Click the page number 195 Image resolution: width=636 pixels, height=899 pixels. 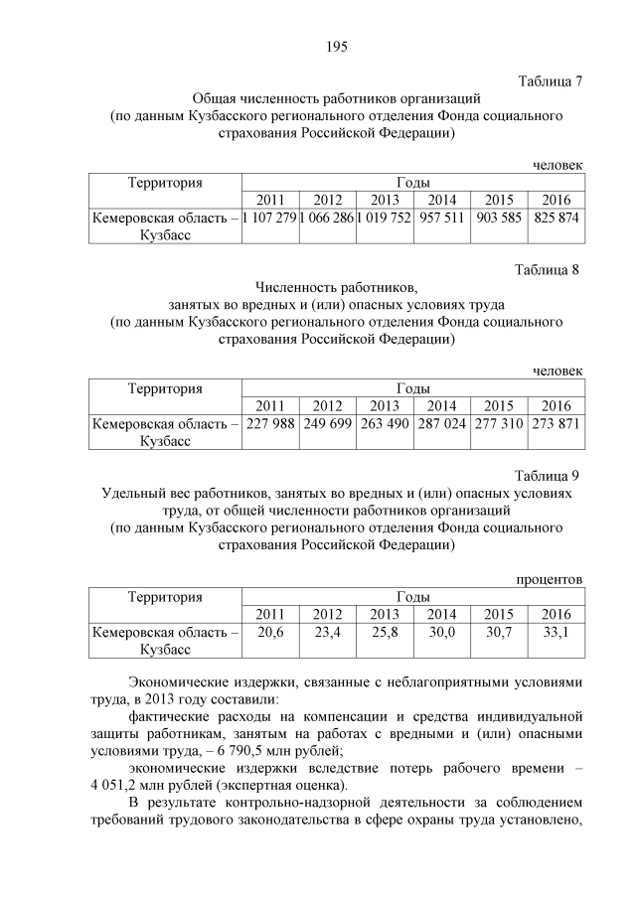[335, 47]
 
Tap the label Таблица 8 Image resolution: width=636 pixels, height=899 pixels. [551, 270]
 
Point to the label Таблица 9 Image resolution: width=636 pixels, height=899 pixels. [551, 475]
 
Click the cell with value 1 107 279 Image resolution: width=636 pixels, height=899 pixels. [269, 218]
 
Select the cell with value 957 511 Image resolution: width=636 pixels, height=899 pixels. [441, 218]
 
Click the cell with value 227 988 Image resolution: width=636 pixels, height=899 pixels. [269, 423]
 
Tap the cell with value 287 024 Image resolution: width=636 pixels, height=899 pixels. [441, 423]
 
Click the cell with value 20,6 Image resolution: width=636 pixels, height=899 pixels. [269, 632]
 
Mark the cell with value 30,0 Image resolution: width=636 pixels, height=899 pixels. [441, 632]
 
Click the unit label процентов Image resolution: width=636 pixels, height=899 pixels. [549, 579]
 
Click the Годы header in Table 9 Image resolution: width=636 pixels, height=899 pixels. [412, 597]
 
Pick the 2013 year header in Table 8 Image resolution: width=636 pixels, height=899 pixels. [385, 405]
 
